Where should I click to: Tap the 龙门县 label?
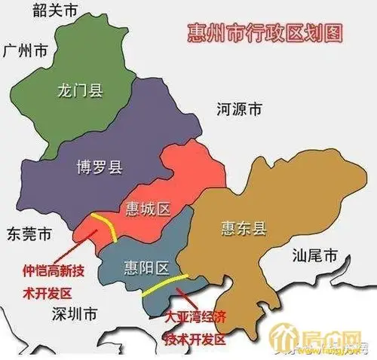(x=79, y=92)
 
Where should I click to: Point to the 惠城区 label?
(x=146, y=209)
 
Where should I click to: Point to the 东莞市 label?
(x=26, y=234)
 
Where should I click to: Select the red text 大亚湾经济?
(x=195, y=314)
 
